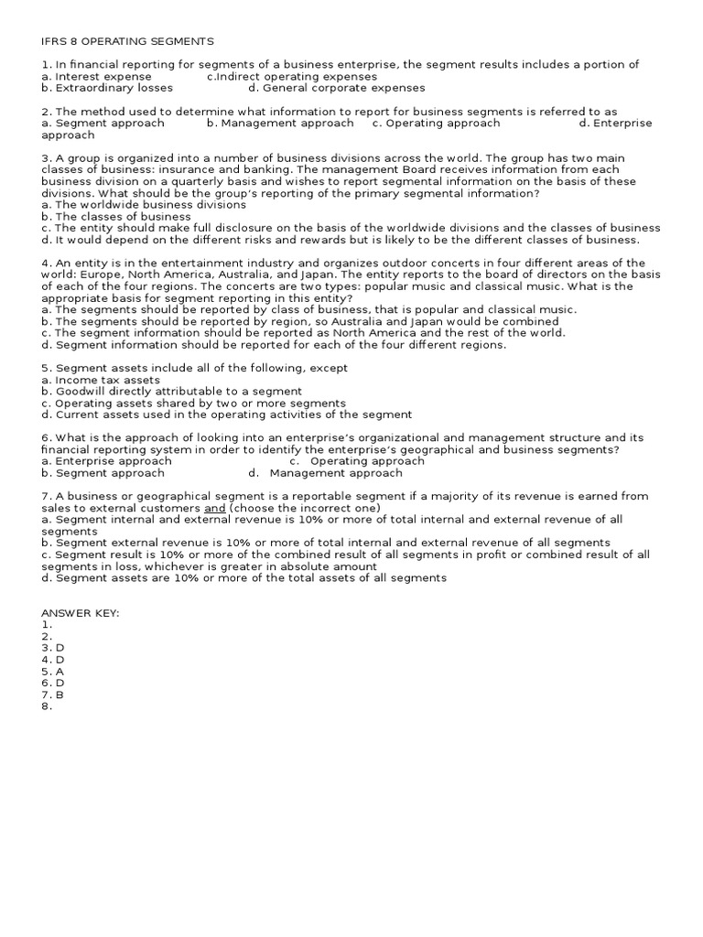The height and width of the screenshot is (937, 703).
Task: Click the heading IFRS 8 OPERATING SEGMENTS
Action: (127, 41)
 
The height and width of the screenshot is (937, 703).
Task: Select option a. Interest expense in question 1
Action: (96, 77)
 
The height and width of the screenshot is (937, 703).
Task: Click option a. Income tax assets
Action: (101, 380)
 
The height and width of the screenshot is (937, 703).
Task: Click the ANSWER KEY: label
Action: (80, 612)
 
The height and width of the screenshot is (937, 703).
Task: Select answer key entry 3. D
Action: (53, 647)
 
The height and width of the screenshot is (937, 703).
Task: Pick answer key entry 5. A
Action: (52, 671)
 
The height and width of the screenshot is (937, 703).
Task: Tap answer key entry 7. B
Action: (52, 695)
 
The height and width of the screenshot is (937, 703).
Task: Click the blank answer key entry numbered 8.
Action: (46, 706)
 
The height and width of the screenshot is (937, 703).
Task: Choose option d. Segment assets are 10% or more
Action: (243, 577)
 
